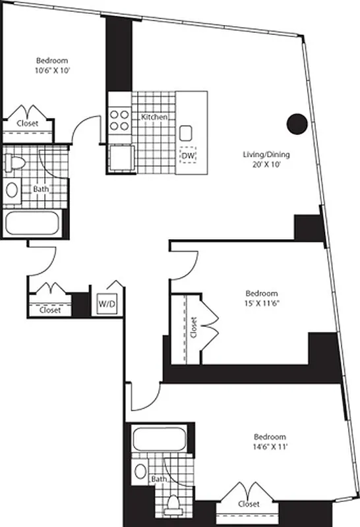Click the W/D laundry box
pyautogui.click(x=105, y=304)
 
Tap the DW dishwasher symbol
pyautogui.click(x=189, y=155)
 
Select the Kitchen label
pyautogui.click(x=154, y=117)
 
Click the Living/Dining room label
pyautogui.click(x=266, y=155)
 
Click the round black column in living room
pyautogui.click(x=297, y=123)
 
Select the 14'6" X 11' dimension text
pyautogui.click(x=270, y=447)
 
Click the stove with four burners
pyautogui.click(x=119, y=119)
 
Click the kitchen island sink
pyautogui.click(x=185, y=130)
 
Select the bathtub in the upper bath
pyautogui.click(x=34, y=223)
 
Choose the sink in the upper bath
pyautogui.click(x=13, y=190)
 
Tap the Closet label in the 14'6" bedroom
pyautogui.click(x=247, y=504)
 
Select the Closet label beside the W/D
pyautogui.click(x=49, y=310)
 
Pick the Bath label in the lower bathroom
pyautogui.click(x=158, y=480)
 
